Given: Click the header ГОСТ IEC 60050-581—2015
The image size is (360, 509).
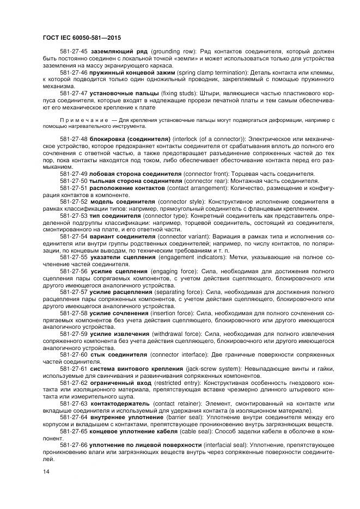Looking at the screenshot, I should tap(81, 38).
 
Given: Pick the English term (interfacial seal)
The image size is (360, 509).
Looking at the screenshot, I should tap(225, 445).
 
